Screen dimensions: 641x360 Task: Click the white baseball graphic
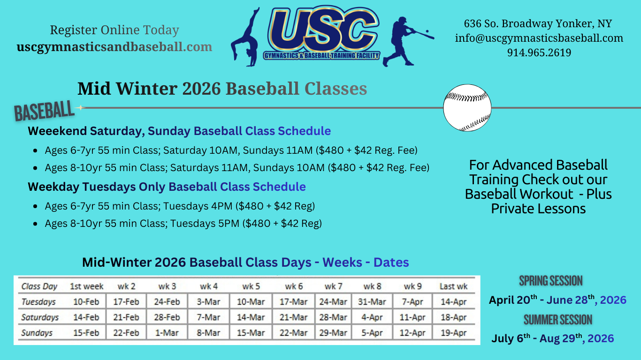[467, 108]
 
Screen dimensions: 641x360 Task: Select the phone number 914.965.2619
[539, 52]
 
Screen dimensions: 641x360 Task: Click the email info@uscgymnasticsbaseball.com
[539, 38]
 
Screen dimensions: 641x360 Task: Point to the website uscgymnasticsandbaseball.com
[114, 47]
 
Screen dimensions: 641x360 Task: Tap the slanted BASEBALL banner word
[44, 111]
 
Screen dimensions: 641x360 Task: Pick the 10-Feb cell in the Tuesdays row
[86, 302]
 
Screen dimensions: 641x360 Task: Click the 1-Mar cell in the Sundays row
[167, 333]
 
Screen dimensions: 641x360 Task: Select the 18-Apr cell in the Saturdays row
[454, 317]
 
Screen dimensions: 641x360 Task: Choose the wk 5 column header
[251, 286]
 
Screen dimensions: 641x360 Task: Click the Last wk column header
[454, 286]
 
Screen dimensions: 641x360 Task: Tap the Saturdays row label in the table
[40, 317]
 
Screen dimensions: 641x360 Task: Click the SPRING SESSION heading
[551, 281]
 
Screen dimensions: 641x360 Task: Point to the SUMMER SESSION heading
[558, 320]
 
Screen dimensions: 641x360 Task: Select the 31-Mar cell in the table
[372, 302]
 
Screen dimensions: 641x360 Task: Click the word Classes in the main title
[336, 89]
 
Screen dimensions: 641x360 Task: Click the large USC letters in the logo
[323, 30]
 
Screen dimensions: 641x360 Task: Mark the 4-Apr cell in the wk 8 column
[372, 317]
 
